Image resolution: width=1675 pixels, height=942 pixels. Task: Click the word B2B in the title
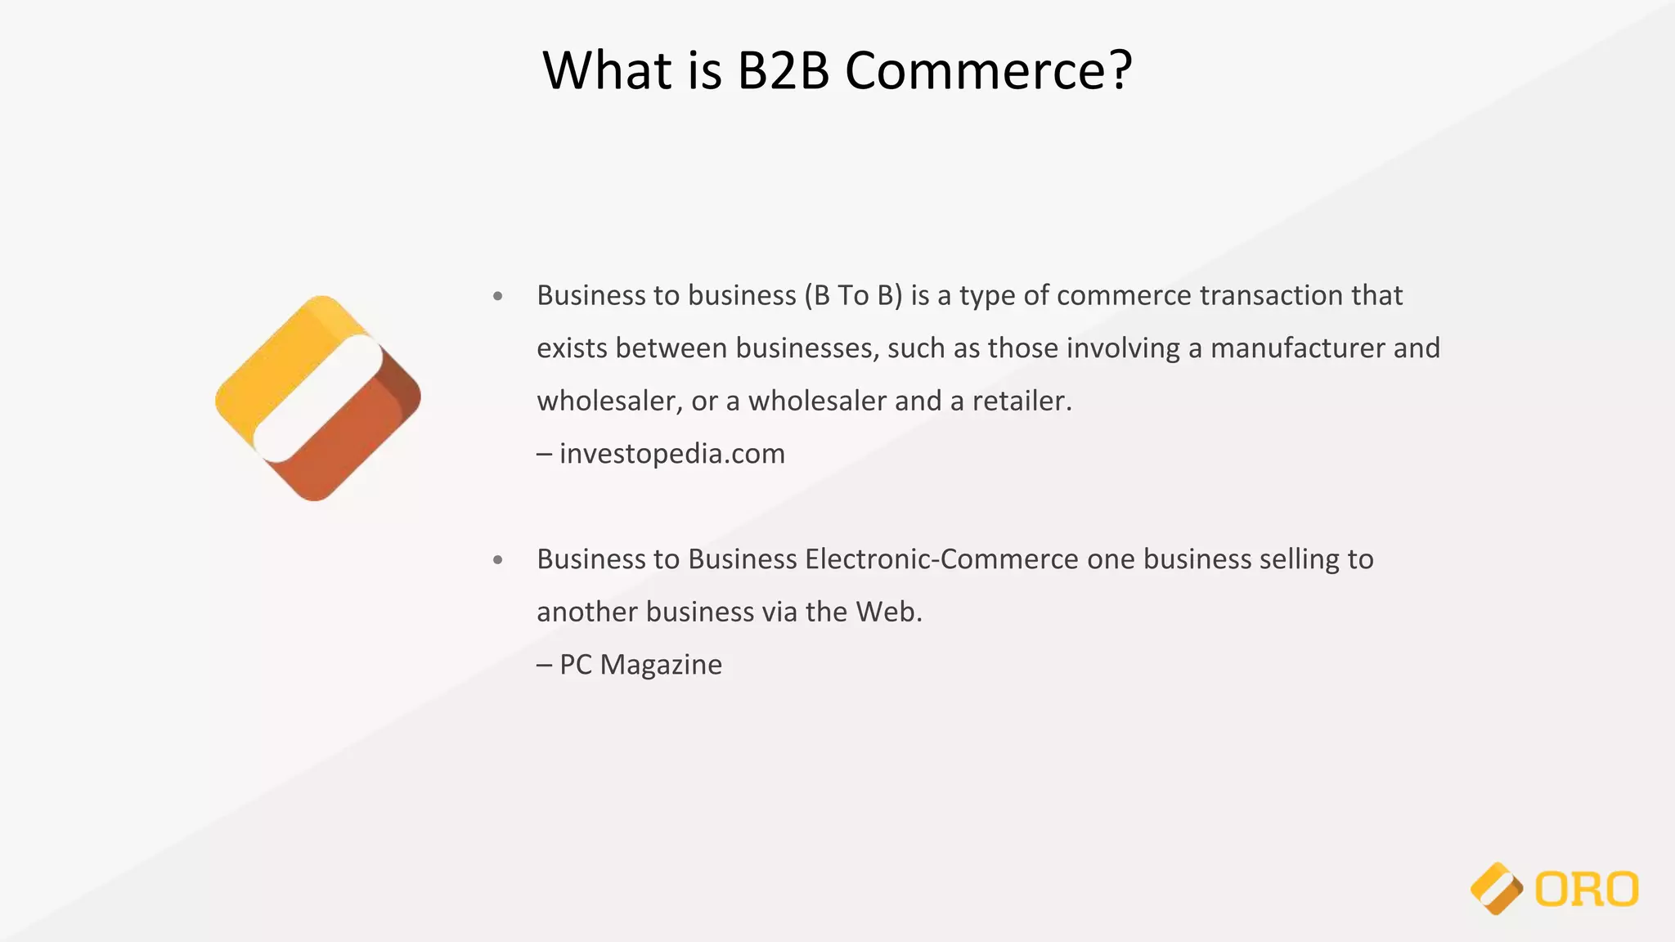pos(783,70)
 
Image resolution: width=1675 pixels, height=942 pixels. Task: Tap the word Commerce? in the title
pos(988,70)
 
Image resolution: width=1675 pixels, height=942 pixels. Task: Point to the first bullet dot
pos(498,296)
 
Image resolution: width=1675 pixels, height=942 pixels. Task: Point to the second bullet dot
pos(498,560)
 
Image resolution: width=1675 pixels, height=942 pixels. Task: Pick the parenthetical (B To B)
pos(854,295)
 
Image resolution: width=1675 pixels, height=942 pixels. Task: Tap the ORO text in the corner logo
pos(1586,890)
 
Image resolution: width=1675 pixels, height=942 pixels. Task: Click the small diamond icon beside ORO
pos(1496,889)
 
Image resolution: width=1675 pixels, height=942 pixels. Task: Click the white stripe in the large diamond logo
pos(318,398)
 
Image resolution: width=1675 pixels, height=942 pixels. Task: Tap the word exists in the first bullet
pos(572,348)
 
